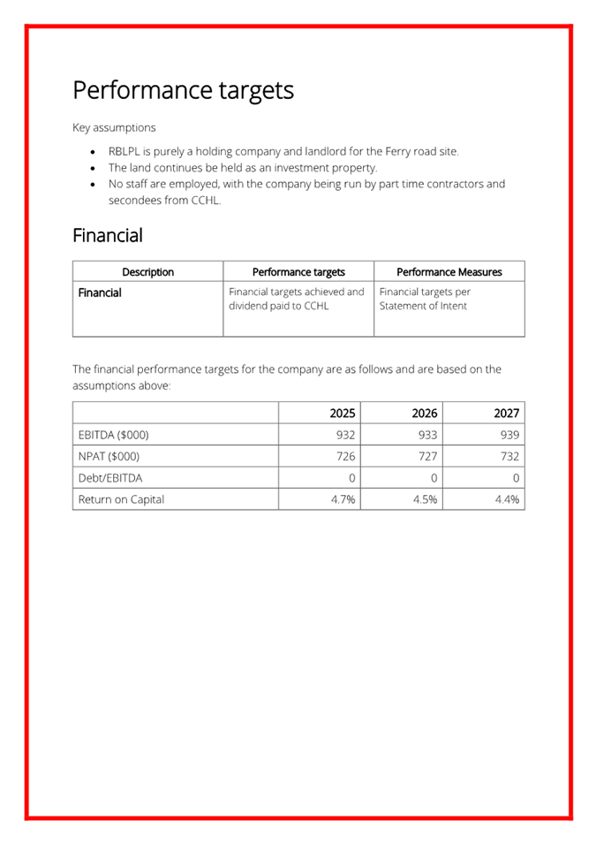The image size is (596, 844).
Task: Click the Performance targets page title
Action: coord(183,90)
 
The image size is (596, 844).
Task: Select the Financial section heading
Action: coord(107,236)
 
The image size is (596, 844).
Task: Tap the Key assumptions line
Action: coord(114,127)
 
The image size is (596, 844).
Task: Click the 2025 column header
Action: coord(342,413)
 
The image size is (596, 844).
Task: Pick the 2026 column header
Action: coord(424,413)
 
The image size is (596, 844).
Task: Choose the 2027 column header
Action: coord(506,413)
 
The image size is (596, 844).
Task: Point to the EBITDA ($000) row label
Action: coord(114,435)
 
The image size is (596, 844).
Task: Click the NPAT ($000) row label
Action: coord(109,456)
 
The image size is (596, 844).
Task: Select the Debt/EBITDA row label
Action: coord(110,477)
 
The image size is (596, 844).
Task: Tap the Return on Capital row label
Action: coord(121,499)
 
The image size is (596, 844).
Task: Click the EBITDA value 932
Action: coord(345,435)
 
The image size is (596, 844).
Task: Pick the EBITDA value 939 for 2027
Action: coord(509,435)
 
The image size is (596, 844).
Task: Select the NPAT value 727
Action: coord(427,456)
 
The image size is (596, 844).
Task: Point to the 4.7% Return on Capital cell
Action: coord(343,499)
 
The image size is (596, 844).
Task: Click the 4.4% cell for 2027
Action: coord(507,499)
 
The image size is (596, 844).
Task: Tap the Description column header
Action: coord(147,272)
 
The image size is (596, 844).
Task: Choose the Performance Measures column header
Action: coord(449,272)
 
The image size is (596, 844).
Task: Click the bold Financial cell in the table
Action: coord(100,293)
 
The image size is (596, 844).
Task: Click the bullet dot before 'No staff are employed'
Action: coord(95,185)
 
